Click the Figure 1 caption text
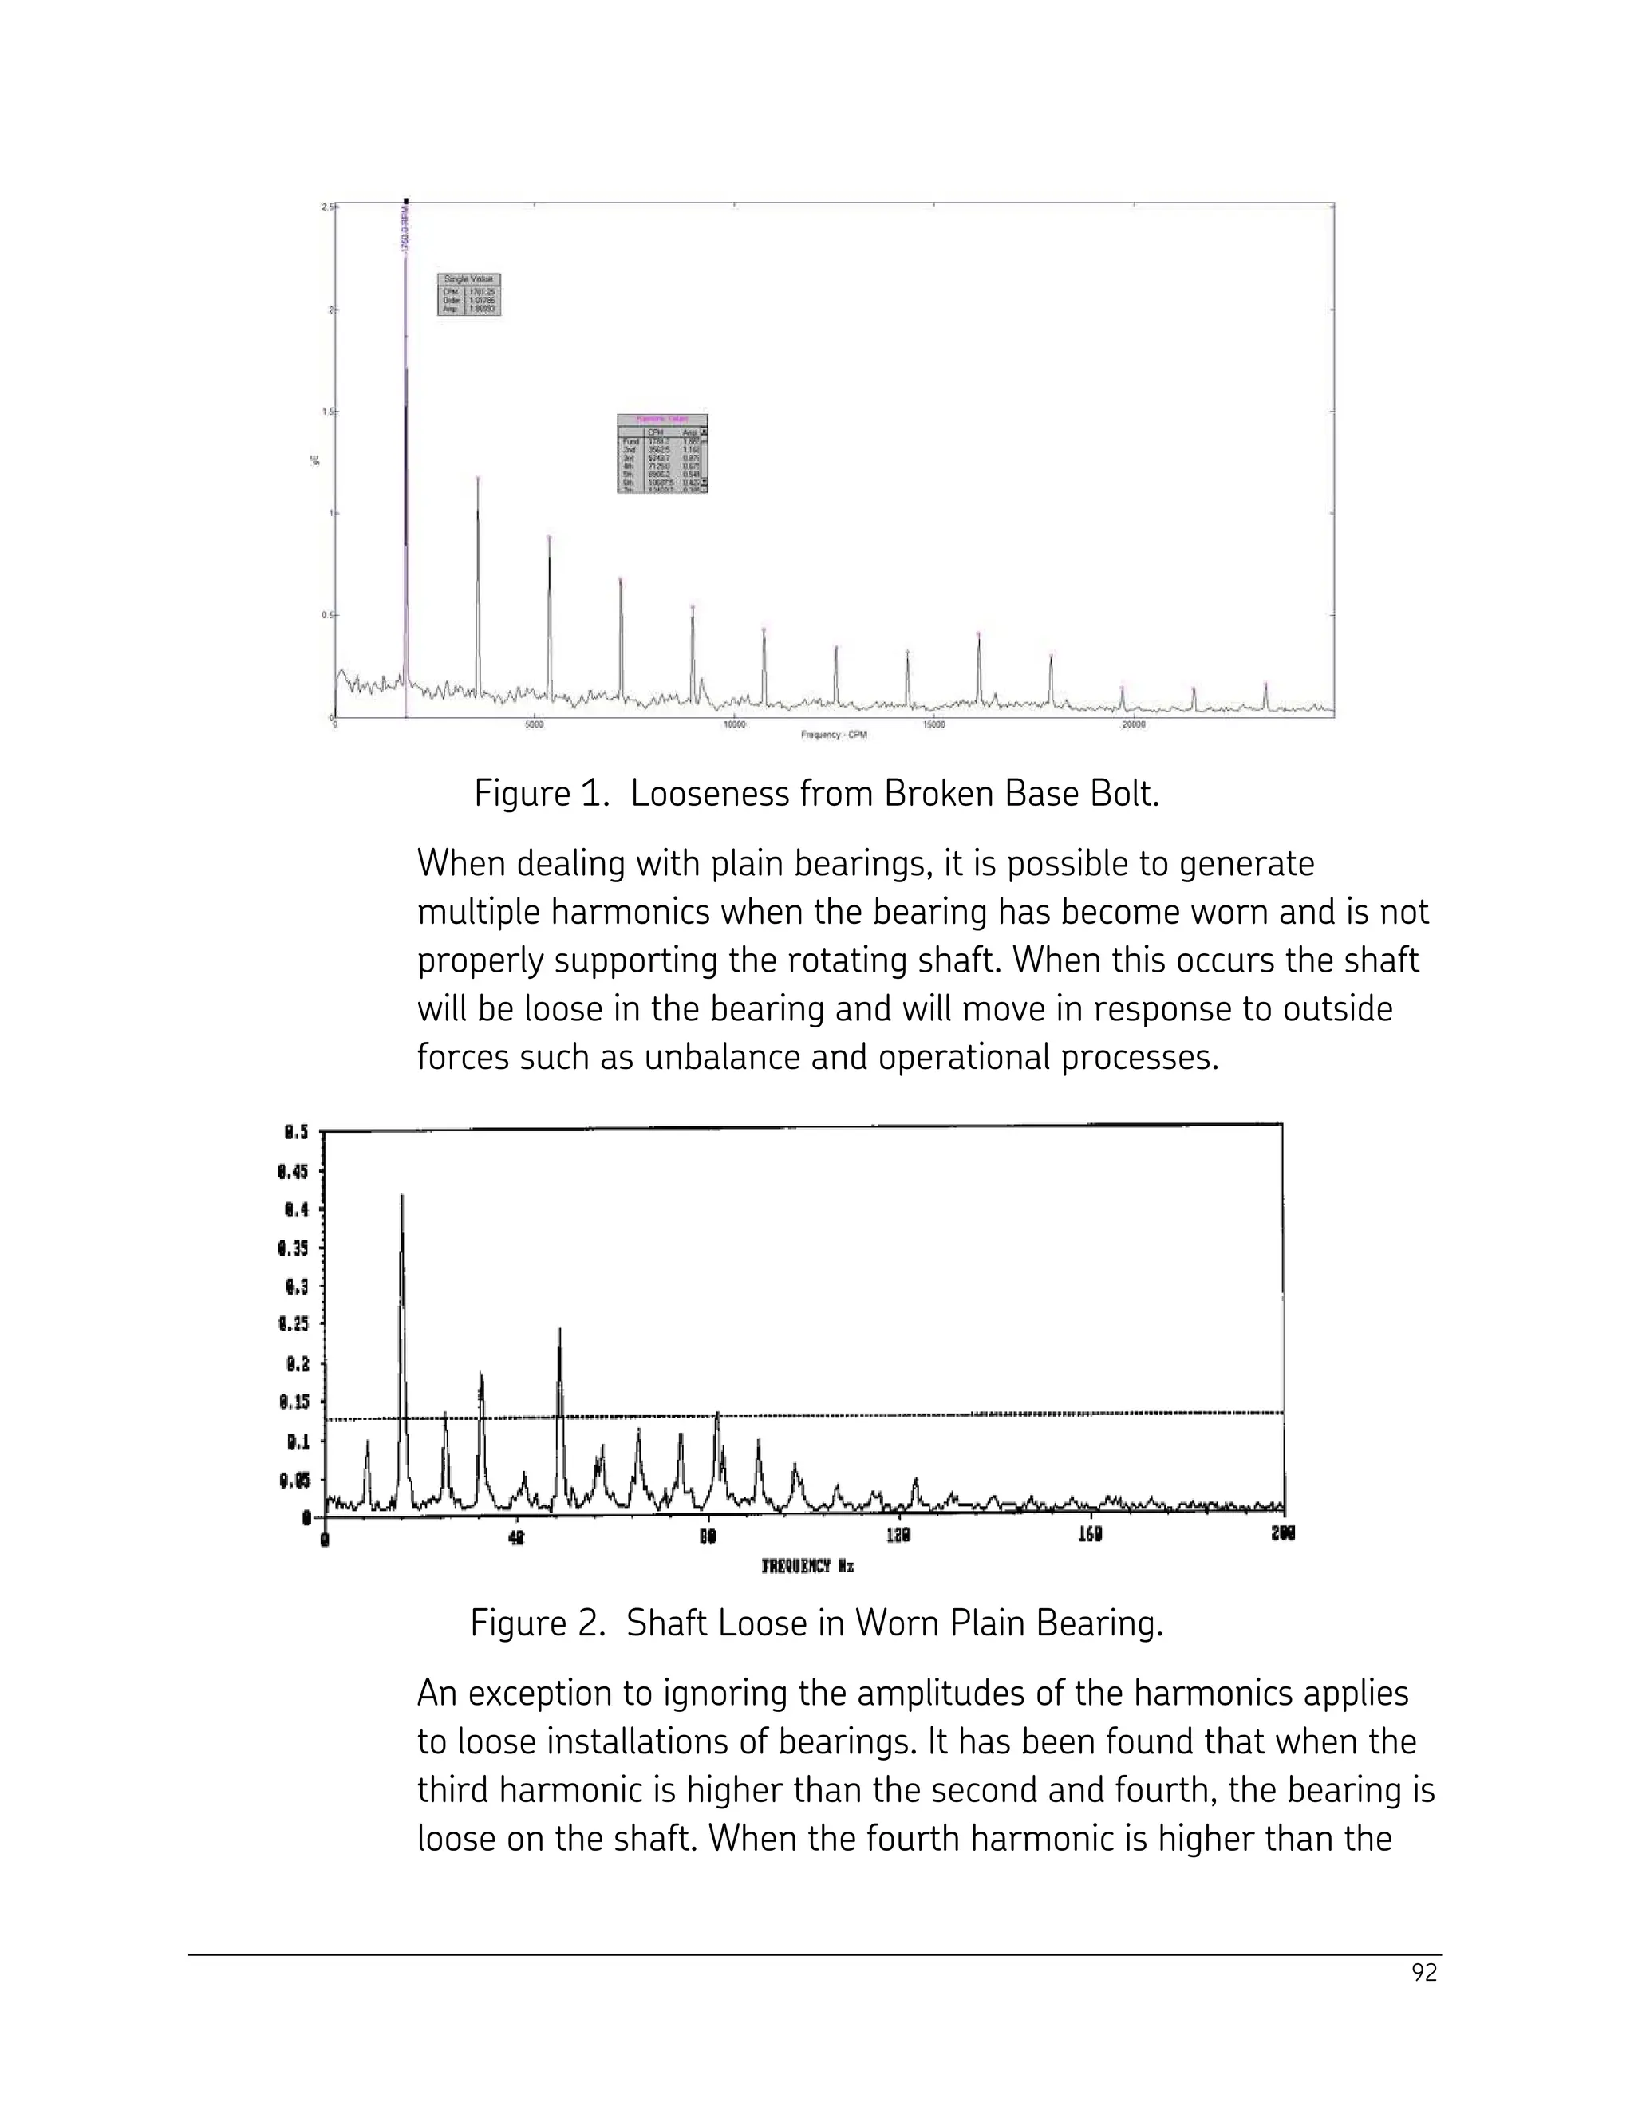coord(816,795)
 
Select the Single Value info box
coord(469,294)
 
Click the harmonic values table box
coord(663,453)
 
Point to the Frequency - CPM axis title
coord(834,735)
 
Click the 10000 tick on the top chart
coord(734,725)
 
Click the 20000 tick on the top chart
coord(1133,725)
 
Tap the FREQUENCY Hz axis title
coord(807,1565)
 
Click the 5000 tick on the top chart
coord(534,725)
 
